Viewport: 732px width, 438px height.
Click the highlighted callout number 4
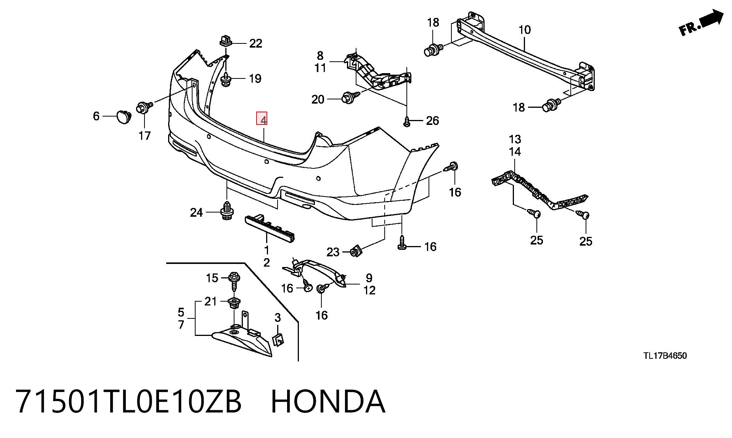(262, 119)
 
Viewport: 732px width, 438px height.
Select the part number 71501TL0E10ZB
(128, 401)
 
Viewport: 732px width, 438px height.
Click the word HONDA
(328, 401)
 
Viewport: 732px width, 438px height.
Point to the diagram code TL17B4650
(665, 356)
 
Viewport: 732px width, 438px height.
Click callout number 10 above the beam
(525, 30)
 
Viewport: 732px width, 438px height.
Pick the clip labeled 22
(226, 40)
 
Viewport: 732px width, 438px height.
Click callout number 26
(432, 121)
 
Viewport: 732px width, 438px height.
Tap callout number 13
(515, 139)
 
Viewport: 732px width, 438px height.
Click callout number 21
(210, 301)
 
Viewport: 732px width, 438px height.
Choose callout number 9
(369, 278)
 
